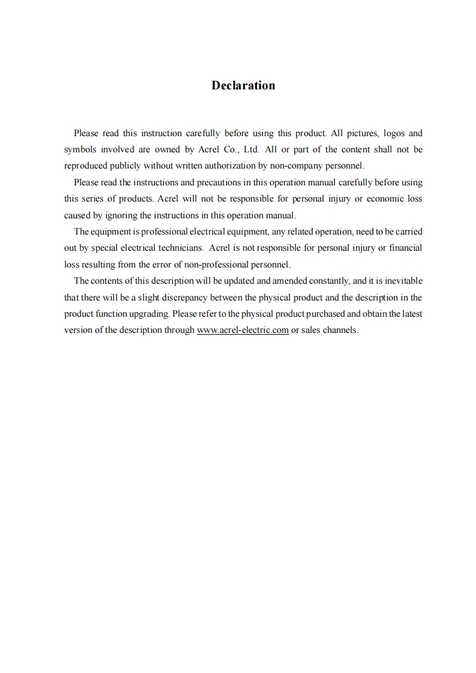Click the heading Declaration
point(243,85)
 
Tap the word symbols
point(82,149)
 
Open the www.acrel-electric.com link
point(243,330)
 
